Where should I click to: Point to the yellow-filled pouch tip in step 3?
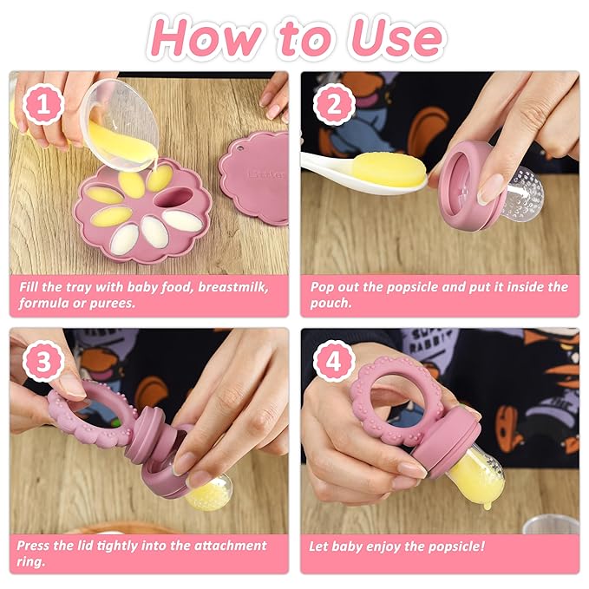tap(210, 492)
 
